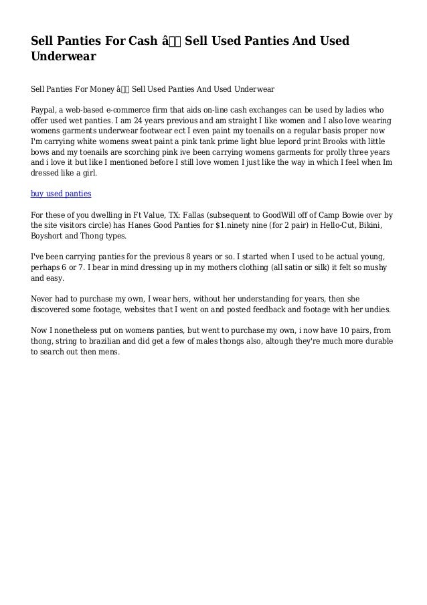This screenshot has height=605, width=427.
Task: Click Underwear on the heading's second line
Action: coord(64,57)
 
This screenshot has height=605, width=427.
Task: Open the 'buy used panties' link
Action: coord(62,194)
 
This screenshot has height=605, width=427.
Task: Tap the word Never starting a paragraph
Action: coord(44,299)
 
